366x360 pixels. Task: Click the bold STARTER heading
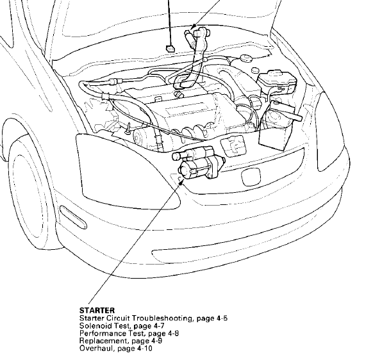(97, 311)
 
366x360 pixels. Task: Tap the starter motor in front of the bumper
(199, 163)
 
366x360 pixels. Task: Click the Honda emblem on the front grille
(251, 176)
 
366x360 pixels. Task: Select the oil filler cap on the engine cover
(179, 95)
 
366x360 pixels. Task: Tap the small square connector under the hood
(170, 49)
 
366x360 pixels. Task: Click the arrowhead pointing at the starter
(180, 183)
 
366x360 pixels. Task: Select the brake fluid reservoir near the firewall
(277, 81)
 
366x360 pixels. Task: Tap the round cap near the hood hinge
(245, 58)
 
